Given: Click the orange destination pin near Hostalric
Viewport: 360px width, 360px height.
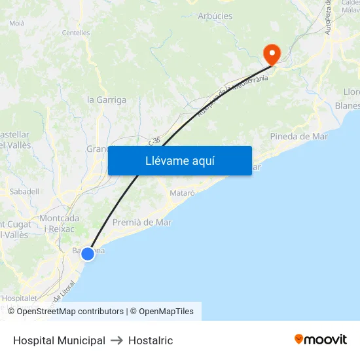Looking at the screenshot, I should (x=270, y=52).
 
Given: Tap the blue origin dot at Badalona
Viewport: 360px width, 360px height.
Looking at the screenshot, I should (x=88, y=253).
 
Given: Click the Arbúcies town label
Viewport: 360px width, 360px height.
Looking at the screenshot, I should (x=215, y=16).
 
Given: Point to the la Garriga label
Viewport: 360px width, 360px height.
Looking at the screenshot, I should (x=107, y=100).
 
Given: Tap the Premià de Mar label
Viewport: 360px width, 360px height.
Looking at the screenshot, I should (x=142, y=223).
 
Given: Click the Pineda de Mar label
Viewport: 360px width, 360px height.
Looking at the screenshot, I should (x=299, y=136).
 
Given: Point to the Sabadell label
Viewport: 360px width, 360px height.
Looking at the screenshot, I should (x=24, y=192).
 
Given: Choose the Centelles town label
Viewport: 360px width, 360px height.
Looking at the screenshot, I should (x=76, y=32).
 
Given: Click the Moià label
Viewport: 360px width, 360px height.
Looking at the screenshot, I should (x=16, y=23).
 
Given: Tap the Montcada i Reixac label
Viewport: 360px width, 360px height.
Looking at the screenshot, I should (x=60, y=223).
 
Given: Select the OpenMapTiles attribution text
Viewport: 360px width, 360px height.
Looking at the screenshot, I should (x=166, y=312).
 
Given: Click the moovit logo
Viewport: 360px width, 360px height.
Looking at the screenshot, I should (x=321, y=340).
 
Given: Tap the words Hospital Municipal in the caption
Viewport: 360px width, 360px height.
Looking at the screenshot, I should (x=59, y=340).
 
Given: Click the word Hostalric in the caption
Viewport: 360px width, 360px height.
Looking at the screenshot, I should (x=151, y=340).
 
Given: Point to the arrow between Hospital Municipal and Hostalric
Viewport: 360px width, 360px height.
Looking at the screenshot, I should (x=117, y=340).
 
